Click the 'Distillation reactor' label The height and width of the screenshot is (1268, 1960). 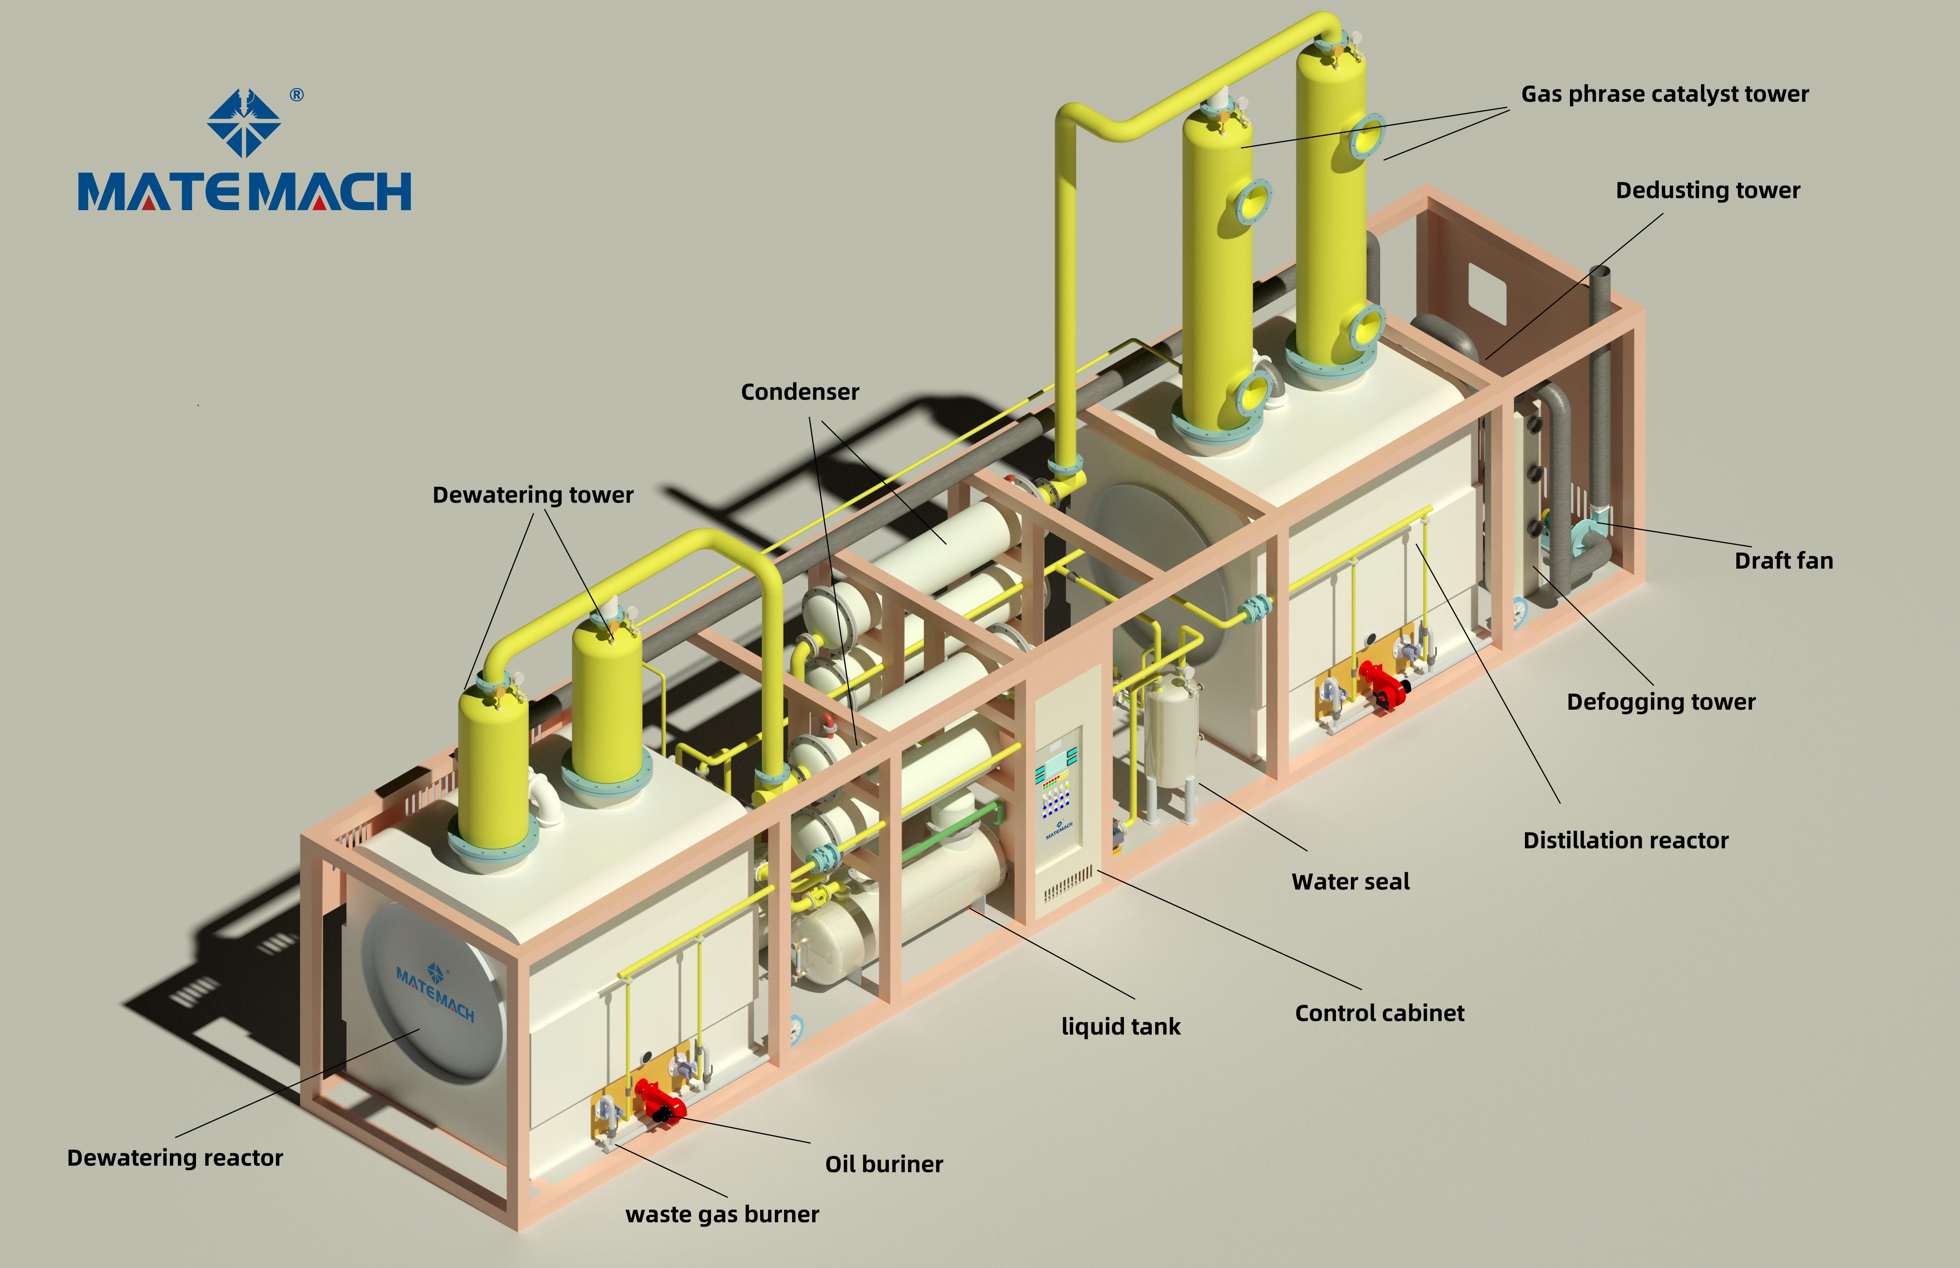[1625, 841]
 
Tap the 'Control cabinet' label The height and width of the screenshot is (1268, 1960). [1379, 1014]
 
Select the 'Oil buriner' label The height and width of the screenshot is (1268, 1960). [884, 1164]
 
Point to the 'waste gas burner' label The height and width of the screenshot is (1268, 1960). [722, 1215]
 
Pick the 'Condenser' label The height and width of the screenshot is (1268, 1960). [800, 392]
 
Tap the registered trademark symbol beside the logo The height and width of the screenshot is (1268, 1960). [296, 96]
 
